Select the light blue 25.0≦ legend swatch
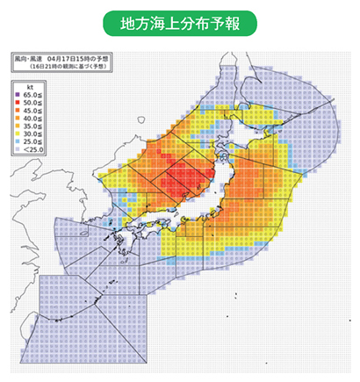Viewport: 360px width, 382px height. pos(18,141)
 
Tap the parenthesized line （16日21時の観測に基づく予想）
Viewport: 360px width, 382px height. pos(68,66)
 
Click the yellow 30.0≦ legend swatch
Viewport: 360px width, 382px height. pos(18,133)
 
